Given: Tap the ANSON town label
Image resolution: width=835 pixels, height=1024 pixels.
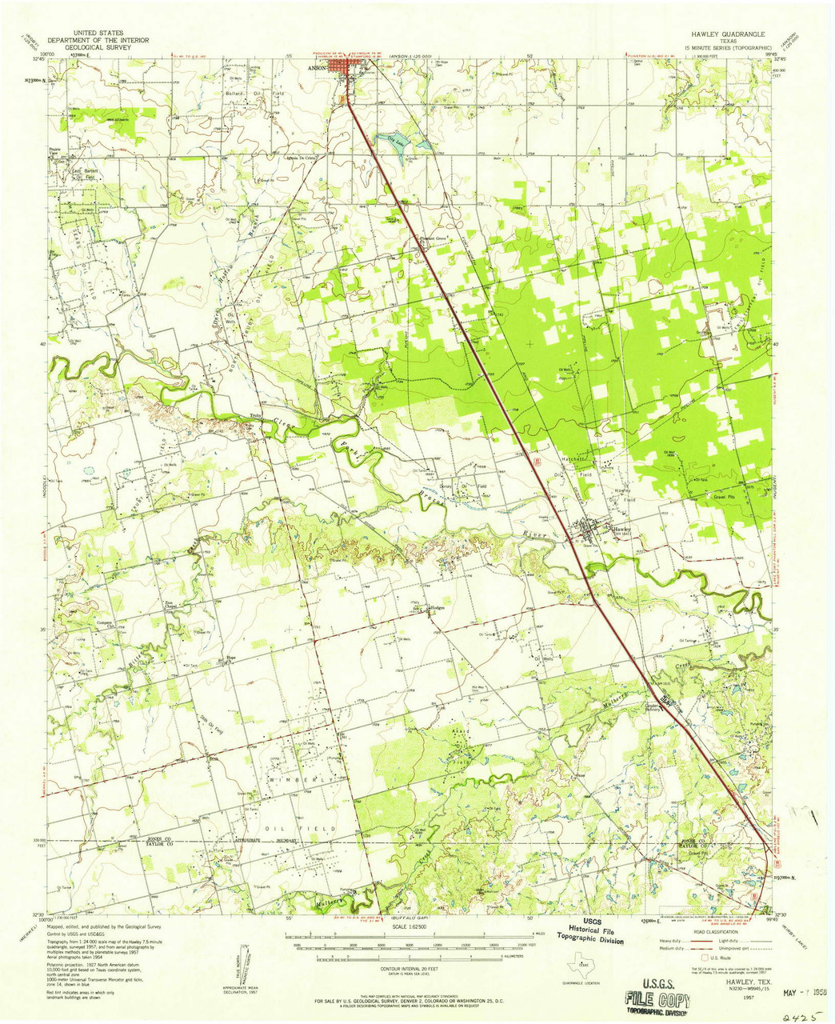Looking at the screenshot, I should pos(317,68).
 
